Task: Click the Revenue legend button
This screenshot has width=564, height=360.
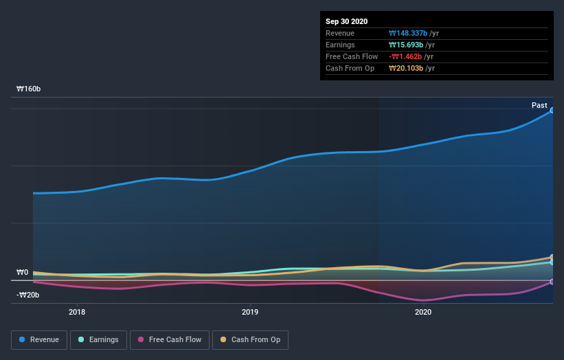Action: (x=39, y=339)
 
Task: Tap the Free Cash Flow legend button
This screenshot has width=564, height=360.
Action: (x=169, y=339)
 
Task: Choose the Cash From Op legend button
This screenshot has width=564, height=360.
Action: (x=250, y=339)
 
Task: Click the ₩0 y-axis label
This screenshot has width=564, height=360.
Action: (x=23, y=272)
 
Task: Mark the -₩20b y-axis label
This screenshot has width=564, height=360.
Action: (x=28, y=295)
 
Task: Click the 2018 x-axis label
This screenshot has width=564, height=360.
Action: (x=77, y=312)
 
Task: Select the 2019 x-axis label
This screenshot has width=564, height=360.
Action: (x=250, y=312)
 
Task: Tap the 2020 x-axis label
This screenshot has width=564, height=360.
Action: (x=423, y=312)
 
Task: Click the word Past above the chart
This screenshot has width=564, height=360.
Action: (x=539, y=106)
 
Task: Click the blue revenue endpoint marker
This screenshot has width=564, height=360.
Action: (x=552, y=110)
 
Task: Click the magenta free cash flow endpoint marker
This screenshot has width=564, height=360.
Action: (x=552, y=282)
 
